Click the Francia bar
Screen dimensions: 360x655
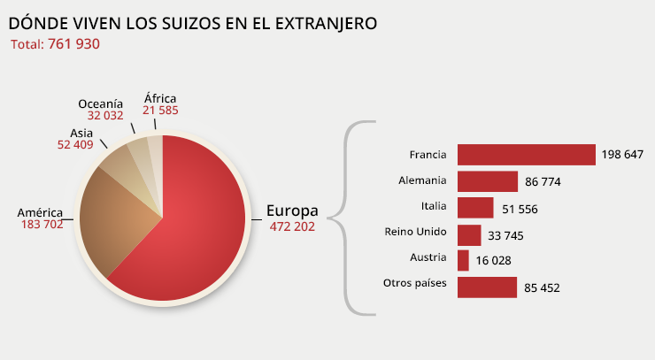tap(526, 155)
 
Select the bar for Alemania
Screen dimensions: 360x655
tap(487, 181)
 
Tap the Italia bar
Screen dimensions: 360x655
tap(475, 208)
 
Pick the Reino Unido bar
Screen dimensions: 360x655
tap(469, 234)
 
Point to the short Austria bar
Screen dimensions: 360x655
tap(463, 260)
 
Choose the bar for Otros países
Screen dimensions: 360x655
tap(487, 287)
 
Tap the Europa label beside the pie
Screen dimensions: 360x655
tap(292, 211)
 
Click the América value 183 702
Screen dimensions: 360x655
tap(42, 226)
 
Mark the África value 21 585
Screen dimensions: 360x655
tap(160, 110)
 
